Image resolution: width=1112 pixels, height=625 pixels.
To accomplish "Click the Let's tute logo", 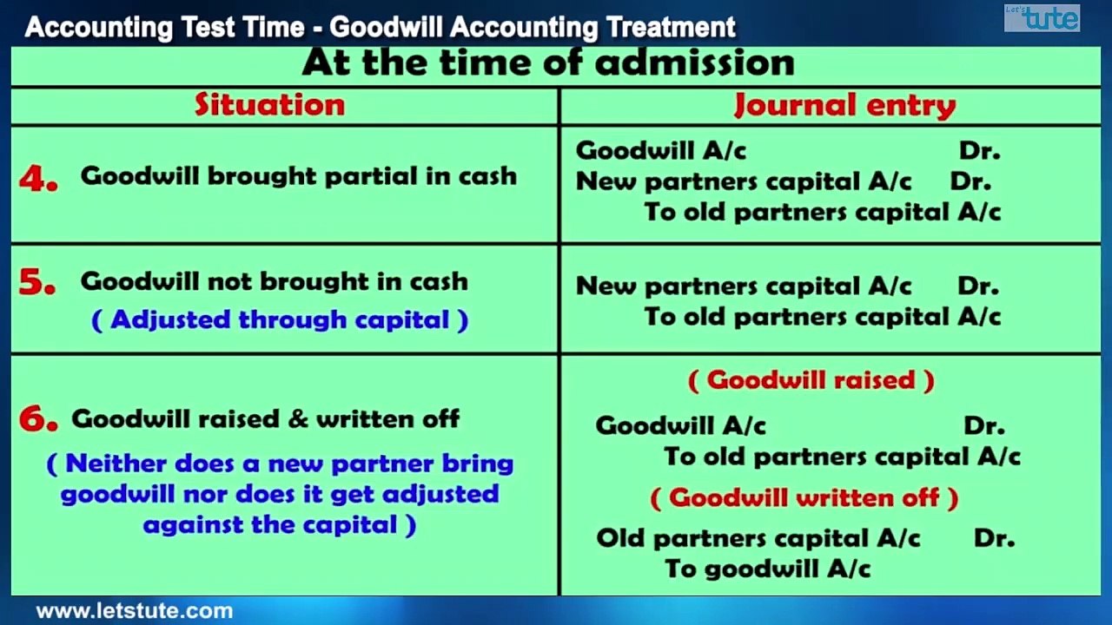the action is (1042, 18).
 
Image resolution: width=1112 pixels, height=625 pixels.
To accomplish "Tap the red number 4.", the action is (39, 179).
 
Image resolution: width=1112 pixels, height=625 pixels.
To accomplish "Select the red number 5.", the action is (37, 282).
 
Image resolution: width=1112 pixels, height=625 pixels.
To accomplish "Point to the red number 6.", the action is (38, 419).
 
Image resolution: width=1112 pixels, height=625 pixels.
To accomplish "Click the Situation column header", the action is (269, 105).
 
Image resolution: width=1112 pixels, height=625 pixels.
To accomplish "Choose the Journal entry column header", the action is (844, 105).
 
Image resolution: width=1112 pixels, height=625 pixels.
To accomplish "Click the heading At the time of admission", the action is (548, 63).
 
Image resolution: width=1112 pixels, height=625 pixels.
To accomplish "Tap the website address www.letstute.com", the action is (135, 610).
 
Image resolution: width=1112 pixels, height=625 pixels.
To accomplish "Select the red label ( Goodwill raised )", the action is (811, 381).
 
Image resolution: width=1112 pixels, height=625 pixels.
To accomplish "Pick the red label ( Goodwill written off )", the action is (804, 498).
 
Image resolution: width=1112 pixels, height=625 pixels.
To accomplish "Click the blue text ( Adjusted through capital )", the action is (280, 320).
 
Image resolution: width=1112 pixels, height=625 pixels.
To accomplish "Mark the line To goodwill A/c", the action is (767, 569).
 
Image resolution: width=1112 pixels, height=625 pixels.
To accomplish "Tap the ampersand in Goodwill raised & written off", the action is (298, 419).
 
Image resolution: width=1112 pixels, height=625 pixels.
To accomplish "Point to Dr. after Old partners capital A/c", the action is (994, 538).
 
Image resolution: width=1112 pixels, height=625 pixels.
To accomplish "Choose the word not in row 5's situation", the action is (230, 282).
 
